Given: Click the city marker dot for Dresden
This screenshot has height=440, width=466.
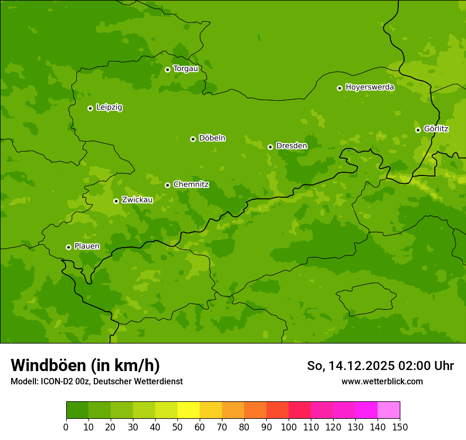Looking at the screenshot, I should pos(270,147).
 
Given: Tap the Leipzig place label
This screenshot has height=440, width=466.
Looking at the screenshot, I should pos(109,108).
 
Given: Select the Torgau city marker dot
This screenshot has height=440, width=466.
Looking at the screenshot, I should pos(167,69).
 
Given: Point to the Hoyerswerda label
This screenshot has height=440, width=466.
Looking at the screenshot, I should pos(370,87).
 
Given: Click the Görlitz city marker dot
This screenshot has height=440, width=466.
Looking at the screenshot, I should pos(418,130).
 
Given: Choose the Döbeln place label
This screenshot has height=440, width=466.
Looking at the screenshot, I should pos(212,138).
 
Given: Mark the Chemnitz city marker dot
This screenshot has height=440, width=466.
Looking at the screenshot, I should pos(167,185).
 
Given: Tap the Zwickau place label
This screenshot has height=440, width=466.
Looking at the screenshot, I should pos(137,200).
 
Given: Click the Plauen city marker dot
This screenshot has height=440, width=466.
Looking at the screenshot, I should pos(68,247).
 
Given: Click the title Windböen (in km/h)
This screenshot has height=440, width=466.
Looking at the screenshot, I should pos(85,365).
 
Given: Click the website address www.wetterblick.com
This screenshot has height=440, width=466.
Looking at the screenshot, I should pos(382,381).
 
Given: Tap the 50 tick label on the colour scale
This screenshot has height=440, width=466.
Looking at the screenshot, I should pos(177,427).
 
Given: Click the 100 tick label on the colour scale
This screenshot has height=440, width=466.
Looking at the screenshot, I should pos(289,427).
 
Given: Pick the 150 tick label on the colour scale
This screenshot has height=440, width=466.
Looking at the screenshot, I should pos(400,427).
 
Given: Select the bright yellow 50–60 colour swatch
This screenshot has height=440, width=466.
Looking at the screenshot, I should pos(189,410).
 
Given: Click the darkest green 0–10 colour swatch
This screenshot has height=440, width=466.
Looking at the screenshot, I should pos(77,410).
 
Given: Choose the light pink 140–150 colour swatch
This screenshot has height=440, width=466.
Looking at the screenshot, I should pos(389,410).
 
